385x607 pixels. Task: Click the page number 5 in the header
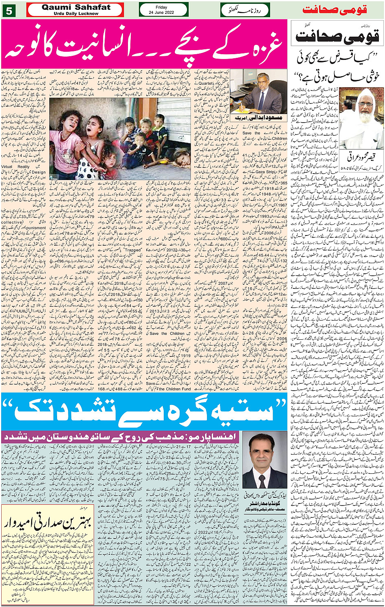[x=9, y=11]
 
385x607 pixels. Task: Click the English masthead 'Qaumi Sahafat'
[x=76, y=7]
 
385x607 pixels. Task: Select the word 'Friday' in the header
[x=161, y=7]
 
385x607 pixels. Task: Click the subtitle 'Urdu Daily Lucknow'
[x=76, y=13]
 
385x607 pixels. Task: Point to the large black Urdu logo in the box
[x=338, y=37]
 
